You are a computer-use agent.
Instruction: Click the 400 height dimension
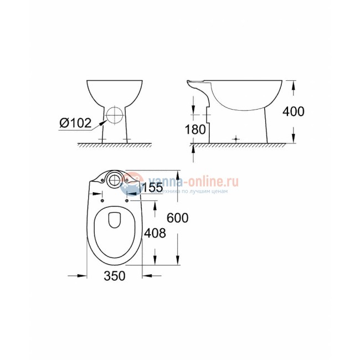click(x=294, y=111)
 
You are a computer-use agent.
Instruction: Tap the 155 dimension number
click(x=152, y=188)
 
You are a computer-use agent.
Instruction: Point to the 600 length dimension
click(x=178, y=218)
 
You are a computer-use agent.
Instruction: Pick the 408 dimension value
click(x=155, y=233)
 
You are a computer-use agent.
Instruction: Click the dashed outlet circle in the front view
click(x=114, y=115)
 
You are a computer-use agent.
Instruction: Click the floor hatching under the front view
click(x=114, y=146)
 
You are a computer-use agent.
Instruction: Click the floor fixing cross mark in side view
click(x=236, y=138)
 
